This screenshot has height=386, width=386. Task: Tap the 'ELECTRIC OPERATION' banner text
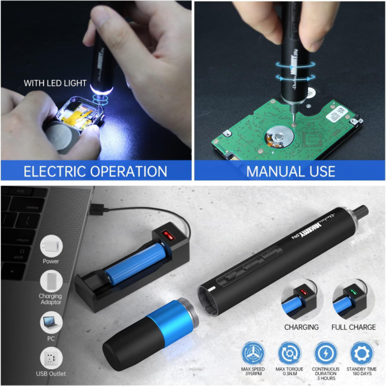point(95,171)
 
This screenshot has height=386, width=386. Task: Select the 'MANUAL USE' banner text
point(290,171)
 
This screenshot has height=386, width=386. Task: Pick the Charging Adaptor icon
point(50,282)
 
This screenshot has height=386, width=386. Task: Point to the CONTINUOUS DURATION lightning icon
point(325,353)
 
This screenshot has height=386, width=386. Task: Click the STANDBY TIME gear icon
point(361,353)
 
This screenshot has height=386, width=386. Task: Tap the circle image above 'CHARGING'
point(302,302)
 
